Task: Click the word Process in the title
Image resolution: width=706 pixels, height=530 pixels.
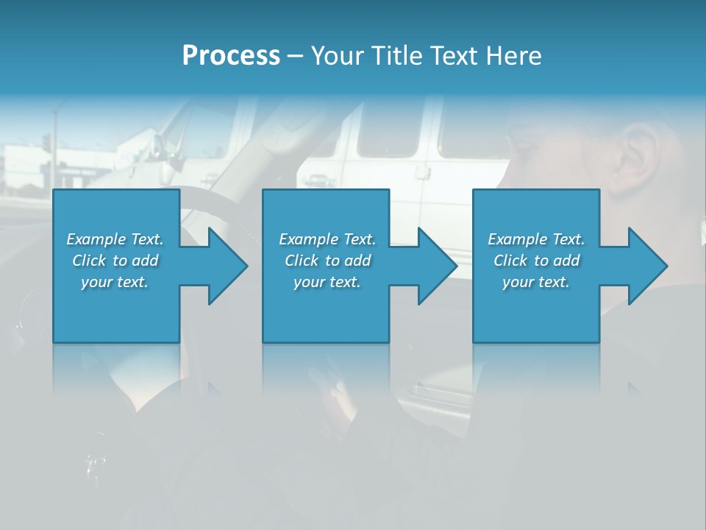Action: pyautogui.click(x=231, y=56)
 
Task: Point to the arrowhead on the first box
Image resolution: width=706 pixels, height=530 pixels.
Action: pyautogui.click(x=224, y=266)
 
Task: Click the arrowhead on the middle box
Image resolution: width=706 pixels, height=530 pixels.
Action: pyautogui.click(x=435, y=266)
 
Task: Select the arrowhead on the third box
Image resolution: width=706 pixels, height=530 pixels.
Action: pyautogui.click(x=644, y=266)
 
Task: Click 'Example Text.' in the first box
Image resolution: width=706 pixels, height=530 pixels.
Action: pyautogui.click(x=115, y=239)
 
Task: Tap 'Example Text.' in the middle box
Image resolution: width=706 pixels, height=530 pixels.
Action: pyautogui.click(x=327, y=239)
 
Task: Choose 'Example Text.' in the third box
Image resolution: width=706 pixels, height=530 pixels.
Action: pyautogui.click(x=536, y=239)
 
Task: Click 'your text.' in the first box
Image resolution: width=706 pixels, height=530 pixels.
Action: pyautogui.click(x=115, y=282)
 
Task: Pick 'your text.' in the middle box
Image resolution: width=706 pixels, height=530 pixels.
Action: pyautogui.click(x=327, y=282)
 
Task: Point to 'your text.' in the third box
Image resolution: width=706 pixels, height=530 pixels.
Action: pyautogui.click(x=536, y=282)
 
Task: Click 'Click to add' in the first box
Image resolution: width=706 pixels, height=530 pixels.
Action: pyautogui.click(x=115, y=261)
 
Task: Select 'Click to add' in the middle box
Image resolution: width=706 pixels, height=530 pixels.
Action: pyautogui.click(x=327, y=261)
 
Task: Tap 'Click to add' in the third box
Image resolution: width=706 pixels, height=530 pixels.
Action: pyautogui.click(x=536, y=261)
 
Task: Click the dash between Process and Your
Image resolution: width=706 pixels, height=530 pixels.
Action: pyautogui.click(x=295, y=57)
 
